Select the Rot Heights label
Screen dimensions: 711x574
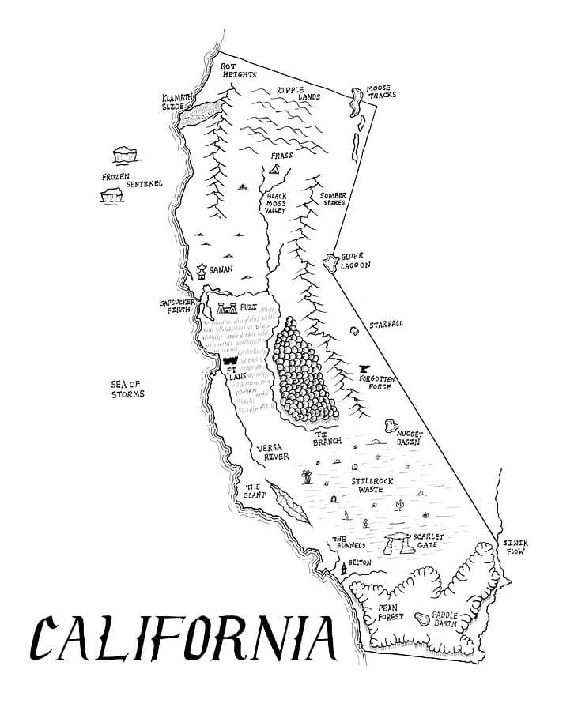(x=239, y=70)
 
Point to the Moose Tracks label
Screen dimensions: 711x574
(x=381, y=91)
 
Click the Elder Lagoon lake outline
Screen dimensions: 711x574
(x=330, y=261)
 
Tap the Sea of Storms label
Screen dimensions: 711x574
(x=127, y=389)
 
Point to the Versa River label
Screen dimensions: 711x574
(x=272, y=452)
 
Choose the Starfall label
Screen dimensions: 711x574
(x=385, y=325)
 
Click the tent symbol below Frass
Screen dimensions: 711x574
(x=274, y=169)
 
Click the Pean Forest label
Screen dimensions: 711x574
(x=391, y=611)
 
